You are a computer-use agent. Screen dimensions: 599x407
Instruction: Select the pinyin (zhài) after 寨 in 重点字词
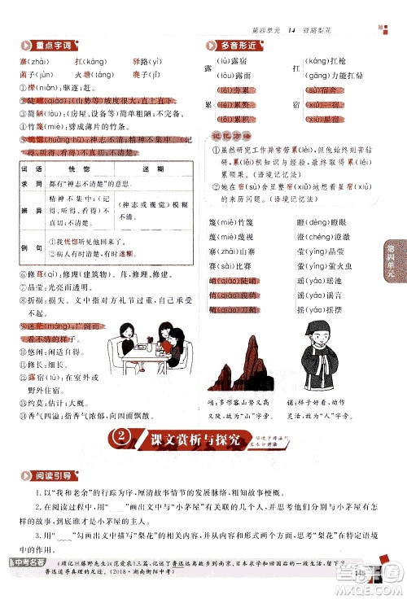(x=42, y=62)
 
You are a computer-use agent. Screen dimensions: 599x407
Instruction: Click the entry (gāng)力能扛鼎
(x=331, y=75)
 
